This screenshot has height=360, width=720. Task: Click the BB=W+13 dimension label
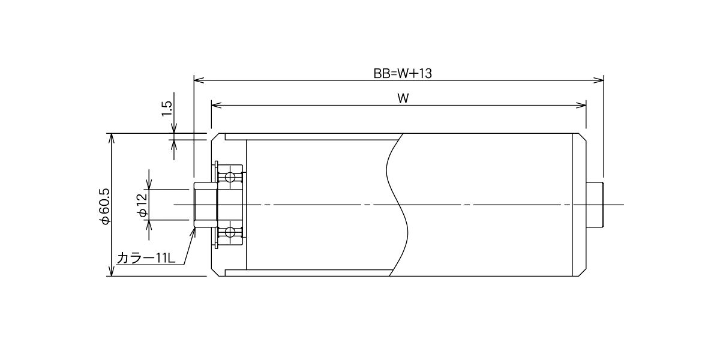click(x=403, y=74)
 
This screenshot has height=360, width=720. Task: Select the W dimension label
click(x=403, y=98)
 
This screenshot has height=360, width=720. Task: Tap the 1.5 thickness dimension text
click(x=167, y=109)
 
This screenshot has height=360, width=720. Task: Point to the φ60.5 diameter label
click(x=105, y=206)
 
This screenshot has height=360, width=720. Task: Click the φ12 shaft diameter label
click(x=142, y=205)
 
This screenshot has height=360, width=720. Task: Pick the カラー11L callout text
click(x=146, y=258)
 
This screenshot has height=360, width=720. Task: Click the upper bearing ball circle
click(x=230, y=177)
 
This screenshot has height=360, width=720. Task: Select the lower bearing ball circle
click(x=230, y=232)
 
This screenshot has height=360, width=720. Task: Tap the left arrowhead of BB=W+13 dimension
click(x=199, y=80)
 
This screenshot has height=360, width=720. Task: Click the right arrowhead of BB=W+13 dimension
click(x=599, y=80)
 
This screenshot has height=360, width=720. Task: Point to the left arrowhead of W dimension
click(x=217, y=105)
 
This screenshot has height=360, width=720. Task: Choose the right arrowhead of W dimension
click(x=581, y=105)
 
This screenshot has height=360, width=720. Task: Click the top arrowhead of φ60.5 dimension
click(x=111, y=138)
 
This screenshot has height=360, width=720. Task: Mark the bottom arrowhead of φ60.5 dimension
click(x=111, y=271)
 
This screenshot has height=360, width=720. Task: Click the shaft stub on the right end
click(x=595, y=205)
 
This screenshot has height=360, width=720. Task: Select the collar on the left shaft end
click(x=206, y=205)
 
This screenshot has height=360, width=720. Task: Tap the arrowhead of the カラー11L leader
click(x=193, y=232)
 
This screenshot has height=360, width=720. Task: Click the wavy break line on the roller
click(x=397, y=205)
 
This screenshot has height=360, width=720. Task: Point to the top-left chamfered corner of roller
click(x=215, y=137)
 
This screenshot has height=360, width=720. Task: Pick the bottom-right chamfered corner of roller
click(x=583, y=272)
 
